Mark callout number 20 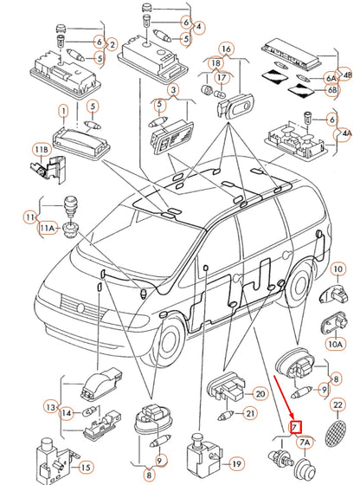pyautogui.click(x=259, y=394)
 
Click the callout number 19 pyautogui.click(x=236, y=463)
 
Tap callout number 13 pyautogui.click(x=51, y=407)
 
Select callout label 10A pyautogui.click(x=335, y=344)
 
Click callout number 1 pyautogui.click(x=62, y=111)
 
